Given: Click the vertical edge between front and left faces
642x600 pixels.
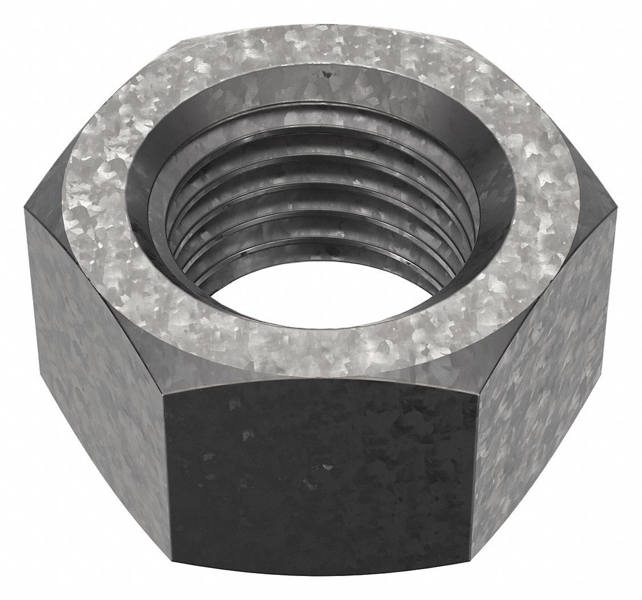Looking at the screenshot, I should pos(167,485).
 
